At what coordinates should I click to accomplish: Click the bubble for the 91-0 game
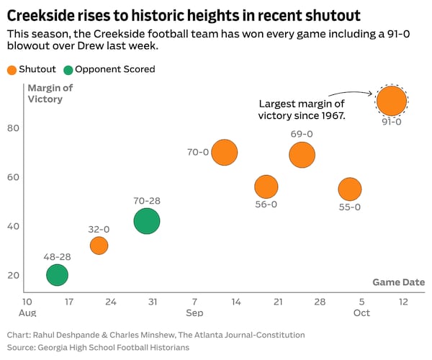coord(392,100)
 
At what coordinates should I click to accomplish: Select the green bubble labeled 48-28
coord(57,274)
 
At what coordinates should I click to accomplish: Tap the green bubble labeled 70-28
coord(147,221)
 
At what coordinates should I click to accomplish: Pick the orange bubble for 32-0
coord(99,246)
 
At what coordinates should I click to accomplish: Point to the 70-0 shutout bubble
coord(225,153)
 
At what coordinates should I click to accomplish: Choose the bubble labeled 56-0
coord(266,186)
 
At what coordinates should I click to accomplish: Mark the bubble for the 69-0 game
coord(302,154)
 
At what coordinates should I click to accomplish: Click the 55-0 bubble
coord(349,189)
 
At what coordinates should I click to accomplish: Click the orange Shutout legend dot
coord(12,70)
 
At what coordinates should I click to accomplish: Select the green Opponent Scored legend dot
coord(68,70)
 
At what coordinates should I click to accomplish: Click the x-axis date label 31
coord(152,301)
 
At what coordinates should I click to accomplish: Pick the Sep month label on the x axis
coord(194,312)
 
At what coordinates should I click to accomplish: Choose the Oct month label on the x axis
coord(361,312)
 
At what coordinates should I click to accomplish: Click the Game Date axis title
coord(398,282)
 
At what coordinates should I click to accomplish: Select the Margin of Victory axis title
coord(45,94)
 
